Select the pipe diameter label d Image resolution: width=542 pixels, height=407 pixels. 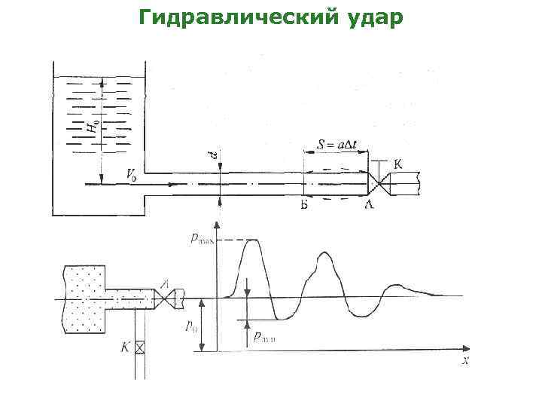click(212, 155)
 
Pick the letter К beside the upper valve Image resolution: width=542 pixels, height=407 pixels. click(398, 164)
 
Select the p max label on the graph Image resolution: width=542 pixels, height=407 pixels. click(202, 239)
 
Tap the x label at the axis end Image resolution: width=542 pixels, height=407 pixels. click(465, 361)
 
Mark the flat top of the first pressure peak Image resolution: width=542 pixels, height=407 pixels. click(252, 240)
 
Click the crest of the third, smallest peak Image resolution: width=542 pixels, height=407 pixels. click(395, 286)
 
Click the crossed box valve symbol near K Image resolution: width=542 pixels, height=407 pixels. click(139, 347)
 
